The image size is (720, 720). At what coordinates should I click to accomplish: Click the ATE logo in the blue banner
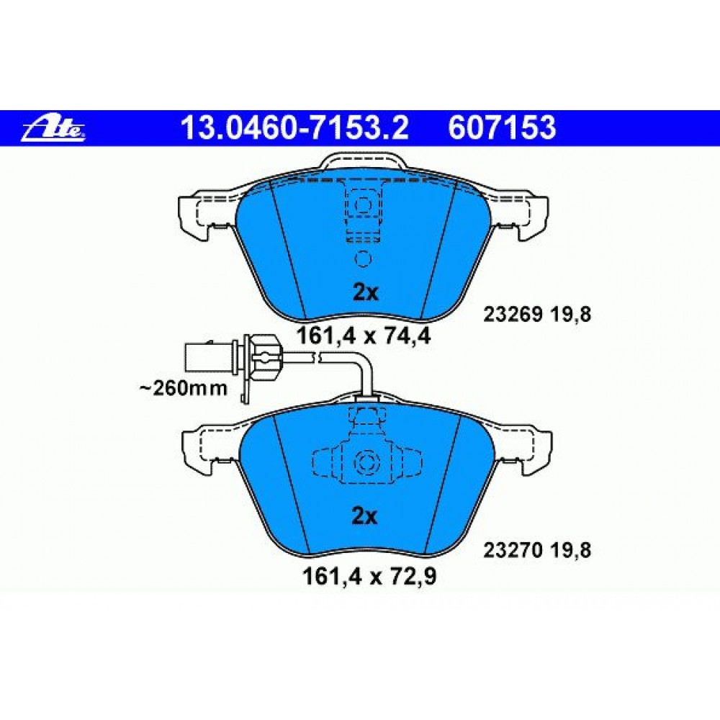point(53,130)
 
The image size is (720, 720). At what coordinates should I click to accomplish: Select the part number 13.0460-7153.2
point(294,127)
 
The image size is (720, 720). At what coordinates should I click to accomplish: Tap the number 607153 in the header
point(502,127)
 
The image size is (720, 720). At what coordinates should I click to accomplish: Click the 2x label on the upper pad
point(366,292)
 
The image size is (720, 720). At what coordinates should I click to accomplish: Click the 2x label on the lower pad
point(364,516)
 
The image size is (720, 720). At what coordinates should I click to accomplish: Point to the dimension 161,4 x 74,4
point(364,336)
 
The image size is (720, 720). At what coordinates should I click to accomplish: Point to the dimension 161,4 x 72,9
point(369,577)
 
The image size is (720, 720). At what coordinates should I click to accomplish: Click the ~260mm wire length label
point(183,389)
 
